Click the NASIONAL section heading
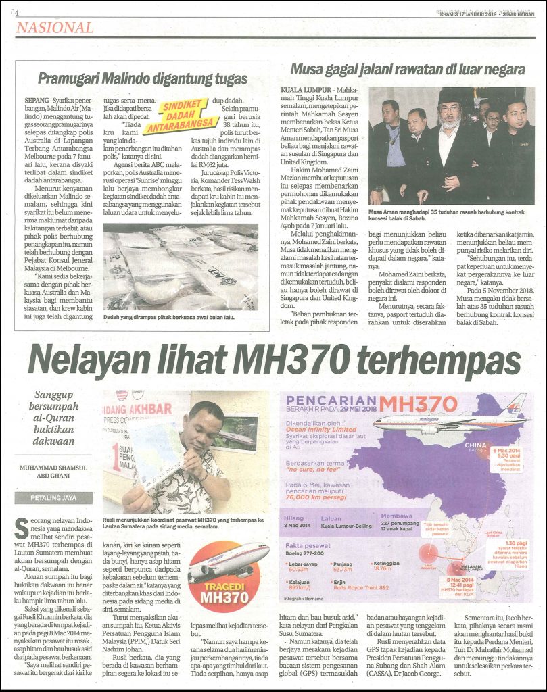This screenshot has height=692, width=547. (x=55, y=28)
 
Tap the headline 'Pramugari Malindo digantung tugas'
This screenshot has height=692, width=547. (x=143, y=78)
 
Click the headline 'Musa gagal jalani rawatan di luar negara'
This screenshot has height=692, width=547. (x=407, y=69)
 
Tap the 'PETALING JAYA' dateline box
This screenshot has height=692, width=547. (x=53, y=498)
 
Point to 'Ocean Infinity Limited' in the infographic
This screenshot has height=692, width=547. (x=320, y=429)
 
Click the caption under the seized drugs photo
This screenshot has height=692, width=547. (x=169, y=317)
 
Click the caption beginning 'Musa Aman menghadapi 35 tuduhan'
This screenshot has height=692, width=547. (x=450, y=215)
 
